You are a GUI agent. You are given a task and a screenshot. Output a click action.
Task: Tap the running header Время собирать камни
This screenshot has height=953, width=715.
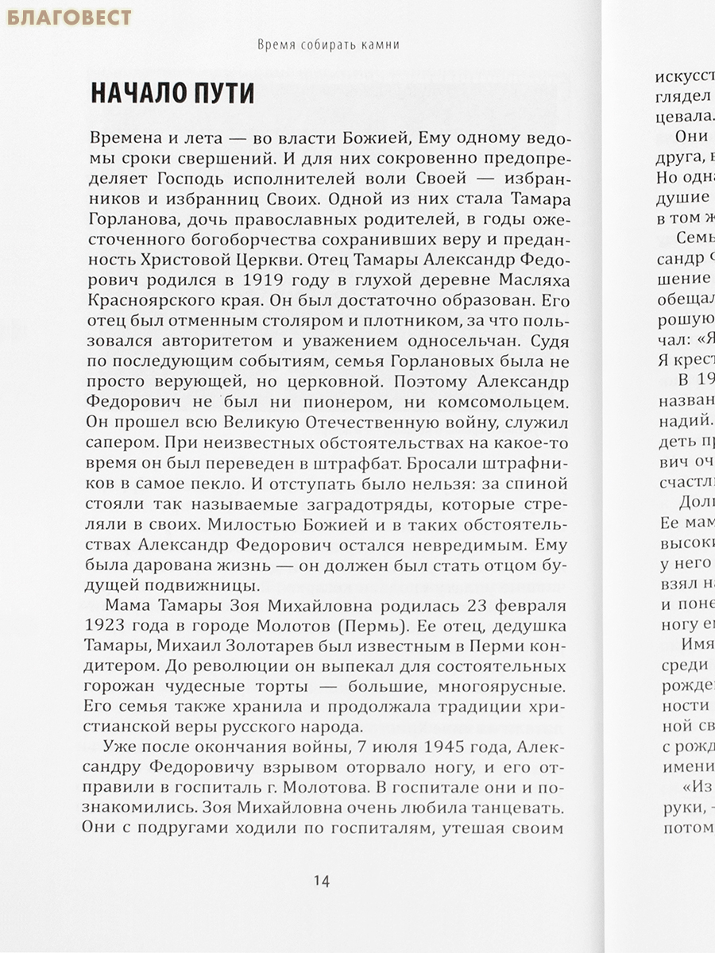[328, 45]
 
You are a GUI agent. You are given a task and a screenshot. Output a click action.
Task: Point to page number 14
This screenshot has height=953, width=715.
[321, 880]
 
